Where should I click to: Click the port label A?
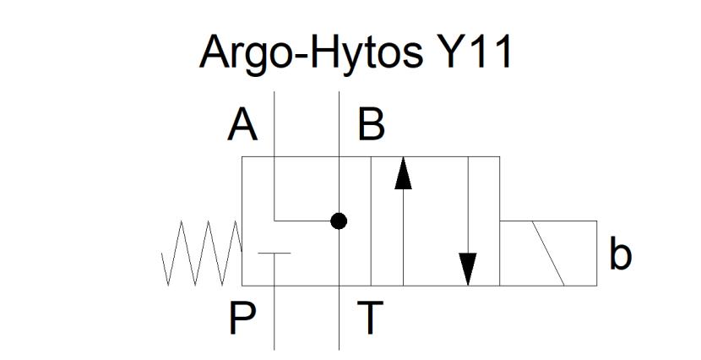coord(242,126)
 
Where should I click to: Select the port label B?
coord(371,126)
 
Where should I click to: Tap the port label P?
coord(242,318)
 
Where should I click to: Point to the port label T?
coord(370,318)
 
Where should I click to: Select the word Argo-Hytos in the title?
coord(311,52)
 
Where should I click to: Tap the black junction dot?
coord(339,221)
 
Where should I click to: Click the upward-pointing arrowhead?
coord(403,173)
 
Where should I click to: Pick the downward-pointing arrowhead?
coord(468,270)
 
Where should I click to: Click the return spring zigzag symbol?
coord(202,254)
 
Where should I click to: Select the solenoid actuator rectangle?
coord(548,254)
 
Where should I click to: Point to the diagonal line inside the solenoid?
coord(548,254)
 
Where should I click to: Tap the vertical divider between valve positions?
coord(371,221)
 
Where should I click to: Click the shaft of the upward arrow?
coord(403,237)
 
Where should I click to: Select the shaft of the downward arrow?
coord(468,205)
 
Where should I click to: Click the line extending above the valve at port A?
coord(274,124)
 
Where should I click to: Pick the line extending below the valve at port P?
coord(274,318)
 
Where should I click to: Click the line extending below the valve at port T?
coord(339,318)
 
